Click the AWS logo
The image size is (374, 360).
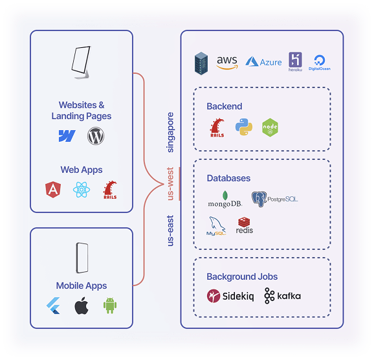point(228,62)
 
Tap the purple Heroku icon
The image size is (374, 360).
point(296,62)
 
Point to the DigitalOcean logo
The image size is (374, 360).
point(320,62)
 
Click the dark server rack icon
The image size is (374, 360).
point(202,63)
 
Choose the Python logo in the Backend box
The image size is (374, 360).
point(243,127)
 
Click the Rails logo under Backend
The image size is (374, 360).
point(217,128)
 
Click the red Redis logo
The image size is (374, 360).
point(245,225)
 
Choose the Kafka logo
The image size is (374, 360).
point(282,297)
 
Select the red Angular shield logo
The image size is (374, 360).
point(52,190)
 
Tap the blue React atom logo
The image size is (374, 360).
point(81,190)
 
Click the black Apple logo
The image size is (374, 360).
point(81,306)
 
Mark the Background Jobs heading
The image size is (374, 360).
point(242,276)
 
